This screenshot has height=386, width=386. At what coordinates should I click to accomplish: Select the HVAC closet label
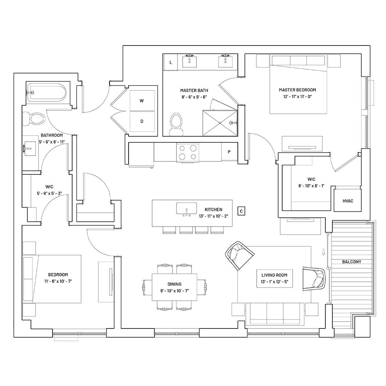(x=348, y=201)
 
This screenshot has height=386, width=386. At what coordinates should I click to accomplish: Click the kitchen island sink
(x=186, y=208)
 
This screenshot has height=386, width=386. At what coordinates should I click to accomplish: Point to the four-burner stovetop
(x=188, y=152)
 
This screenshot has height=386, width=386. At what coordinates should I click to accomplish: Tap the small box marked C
(x=241, y=211)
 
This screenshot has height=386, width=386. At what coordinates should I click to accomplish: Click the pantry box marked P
(x=229, y=152)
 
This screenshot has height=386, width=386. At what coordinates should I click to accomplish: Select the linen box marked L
(x=171, y=63)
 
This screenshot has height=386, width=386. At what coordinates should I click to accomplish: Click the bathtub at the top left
(x=46, y=93)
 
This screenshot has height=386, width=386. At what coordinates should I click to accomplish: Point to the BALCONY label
(x=352, y=262)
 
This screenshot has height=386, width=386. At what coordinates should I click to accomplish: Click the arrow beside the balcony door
(x=324, y=252)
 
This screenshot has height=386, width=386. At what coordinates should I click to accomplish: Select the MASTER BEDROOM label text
(x=297, y=90)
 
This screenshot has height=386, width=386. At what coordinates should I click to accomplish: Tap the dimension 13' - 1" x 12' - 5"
(x=274, y=282)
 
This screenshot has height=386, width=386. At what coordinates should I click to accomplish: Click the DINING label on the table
(x=174, y=284)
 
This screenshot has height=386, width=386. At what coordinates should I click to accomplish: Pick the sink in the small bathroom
(x=30, y=149)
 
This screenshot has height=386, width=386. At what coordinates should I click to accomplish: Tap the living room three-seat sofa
(x=275, y=314)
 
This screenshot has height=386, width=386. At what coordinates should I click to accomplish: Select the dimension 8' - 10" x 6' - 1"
(x=312, y=186)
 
